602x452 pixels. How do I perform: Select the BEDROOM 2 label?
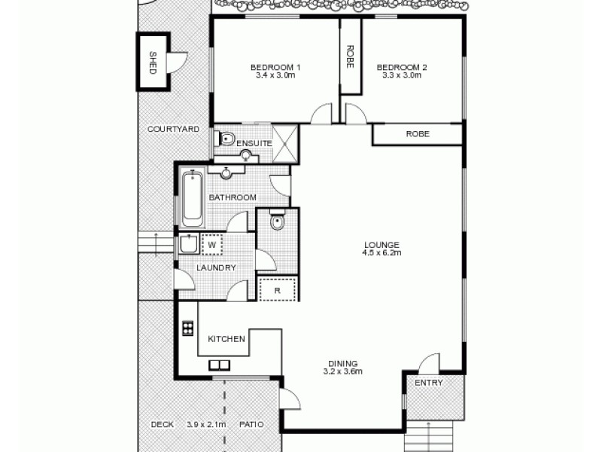tap(402, 68)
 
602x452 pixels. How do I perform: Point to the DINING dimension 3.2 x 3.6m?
tap(343, 371)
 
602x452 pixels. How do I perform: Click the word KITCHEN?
tap(227, 339)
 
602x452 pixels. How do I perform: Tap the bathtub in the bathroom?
tap(193, 198)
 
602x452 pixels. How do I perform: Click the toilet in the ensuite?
tap(225, 139)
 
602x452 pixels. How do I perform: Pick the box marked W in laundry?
tap(211, 245)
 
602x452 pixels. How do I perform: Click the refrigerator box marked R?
tap(278, 290)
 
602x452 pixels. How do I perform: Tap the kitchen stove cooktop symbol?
tap(187, 328)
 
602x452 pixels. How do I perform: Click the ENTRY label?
tap(429, 383)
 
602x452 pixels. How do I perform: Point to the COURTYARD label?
tap(173, 130)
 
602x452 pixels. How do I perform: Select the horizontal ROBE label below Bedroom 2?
tap(418, 134)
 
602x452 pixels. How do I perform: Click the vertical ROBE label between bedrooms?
tap(350, 56)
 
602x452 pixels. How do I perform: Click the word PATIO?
tap(251, 425)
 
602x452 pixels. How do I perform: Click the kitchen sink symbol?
tap(220, 366)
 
